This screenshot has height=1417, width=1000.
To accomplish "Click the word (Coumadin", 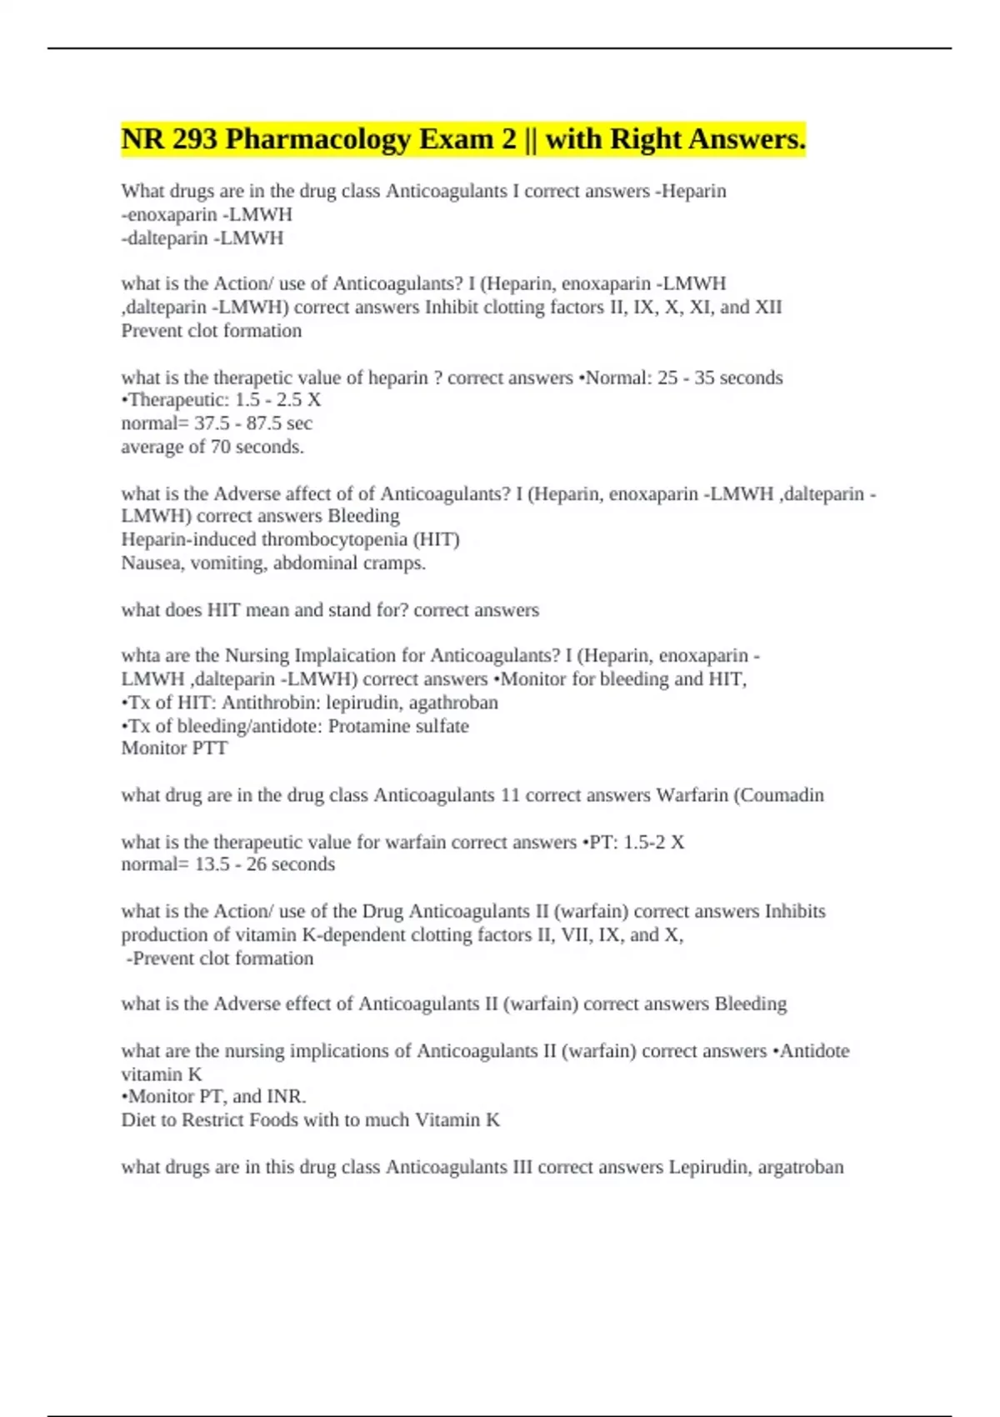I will (x=778, y=795).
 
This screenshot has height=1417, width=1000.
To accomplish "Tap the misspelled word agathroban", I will (x=453, y=703).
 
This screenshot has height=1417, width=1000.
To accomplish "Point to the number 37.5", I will (x=211, y=423).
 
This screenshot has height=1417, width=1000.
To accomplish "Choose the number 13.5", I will (x=212, y=864).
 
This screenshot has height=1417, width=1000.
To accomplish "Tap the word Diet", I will (x=138, y=1120).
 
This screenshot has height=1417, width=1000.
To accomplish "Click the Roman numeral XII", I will (x=767, y=308).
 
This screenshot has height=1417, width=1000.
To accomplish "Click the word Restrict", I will (x=212, y=1120).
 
